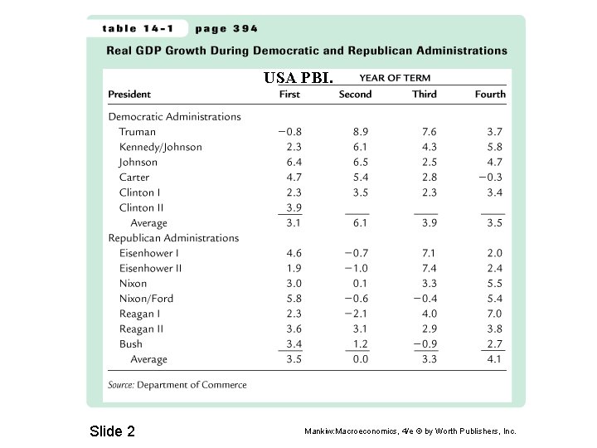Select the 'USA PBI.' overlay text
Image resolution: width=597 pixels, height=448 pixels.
tap(298, 78)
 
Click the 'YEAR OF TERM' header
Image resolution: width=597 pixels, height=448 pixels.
tap(395, 78)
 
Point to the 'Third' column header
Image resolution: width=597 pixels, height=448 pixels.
tap(425, 94)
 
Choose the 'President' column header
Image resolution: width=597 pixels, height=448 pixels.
tap(129, 94)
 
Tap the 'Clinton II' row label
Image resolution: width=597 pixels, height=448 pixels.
tap(142, 207)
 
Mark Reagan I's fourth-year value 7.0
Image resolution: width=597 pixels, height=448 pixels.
tap(494, 314)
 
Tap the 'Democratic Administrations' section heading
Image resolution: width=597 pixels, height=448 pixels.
tap(175, 117)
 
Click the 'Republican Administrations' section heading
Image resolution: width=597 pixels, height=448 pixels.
tap(173, 238)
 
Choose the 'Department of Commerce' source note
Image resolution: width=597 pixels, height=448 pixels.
tap(192, 385)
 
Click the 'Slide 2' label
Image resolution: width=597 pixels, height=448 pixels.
tap(111, 431)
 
